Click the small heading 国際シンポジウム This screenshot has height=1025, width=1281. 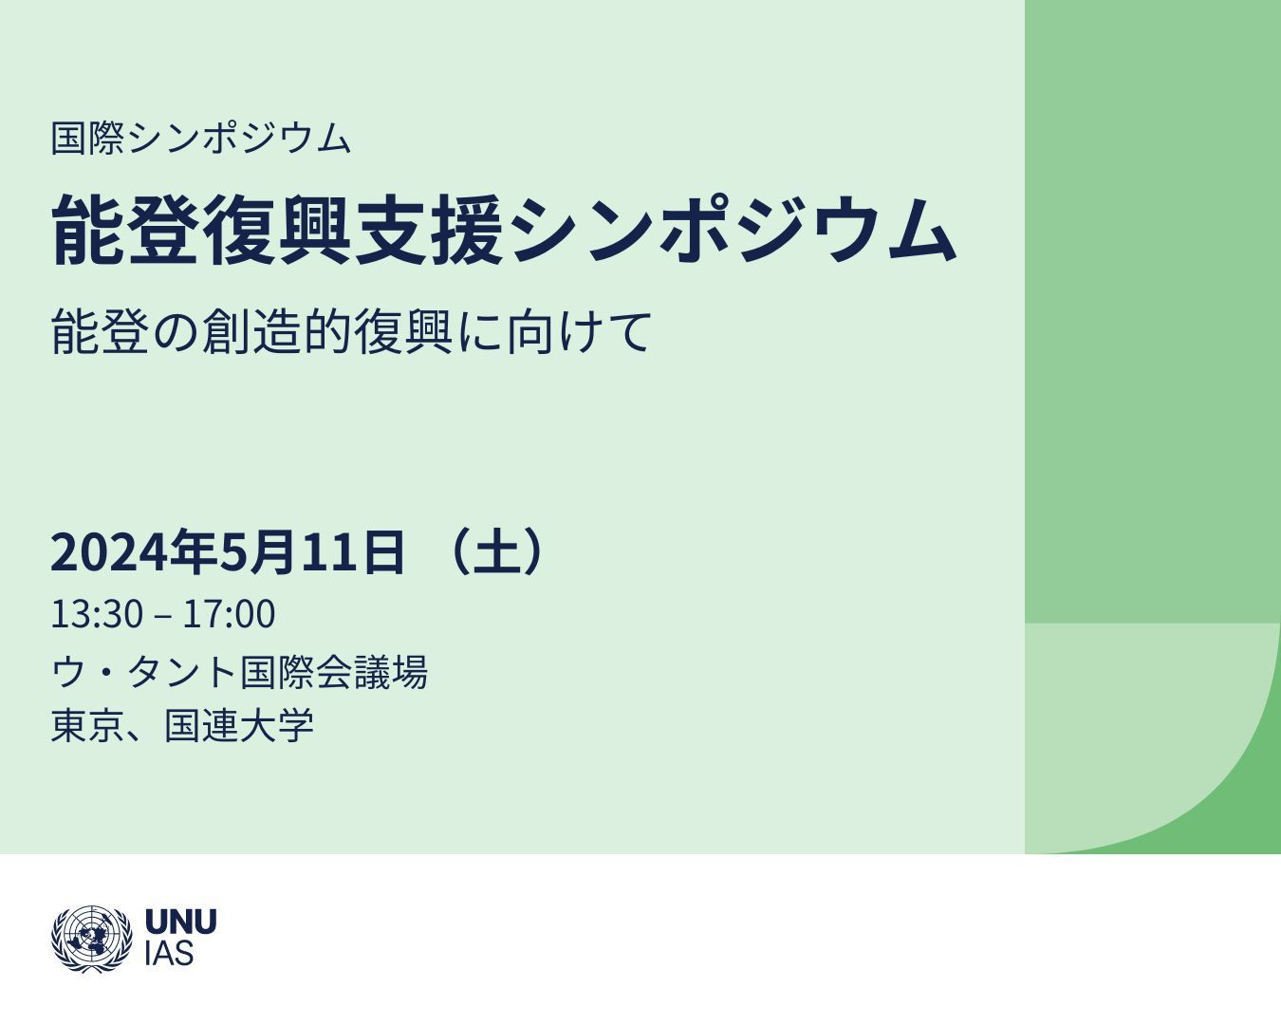click(200, 139)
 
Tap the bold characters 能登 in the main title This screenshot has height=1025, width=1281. click(125, 230)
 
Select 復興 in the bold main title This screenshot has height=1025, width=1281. click(277, 230)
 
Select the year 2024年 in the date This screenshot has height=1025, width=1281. click(133, 551)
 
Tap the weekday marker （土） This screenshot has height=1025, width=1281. click(496, 551)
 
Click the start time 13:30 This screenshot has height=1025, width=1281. click(97, 614)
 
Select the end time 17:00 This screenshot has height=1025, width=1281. click(230, 614)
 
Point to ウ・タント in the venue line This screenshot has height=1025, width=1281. click(143, 672)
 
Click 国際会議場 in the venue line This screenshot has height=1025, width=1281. click(333, 672)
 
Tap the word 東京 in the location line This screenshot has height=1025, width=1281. click(88, 725)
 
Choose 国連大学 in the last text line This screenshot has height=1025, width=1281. click(239, 725)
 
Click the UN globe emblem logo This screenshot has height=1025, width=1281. click(92, 940)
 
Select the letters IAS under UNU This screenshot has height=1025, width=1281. click(169, 954)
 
